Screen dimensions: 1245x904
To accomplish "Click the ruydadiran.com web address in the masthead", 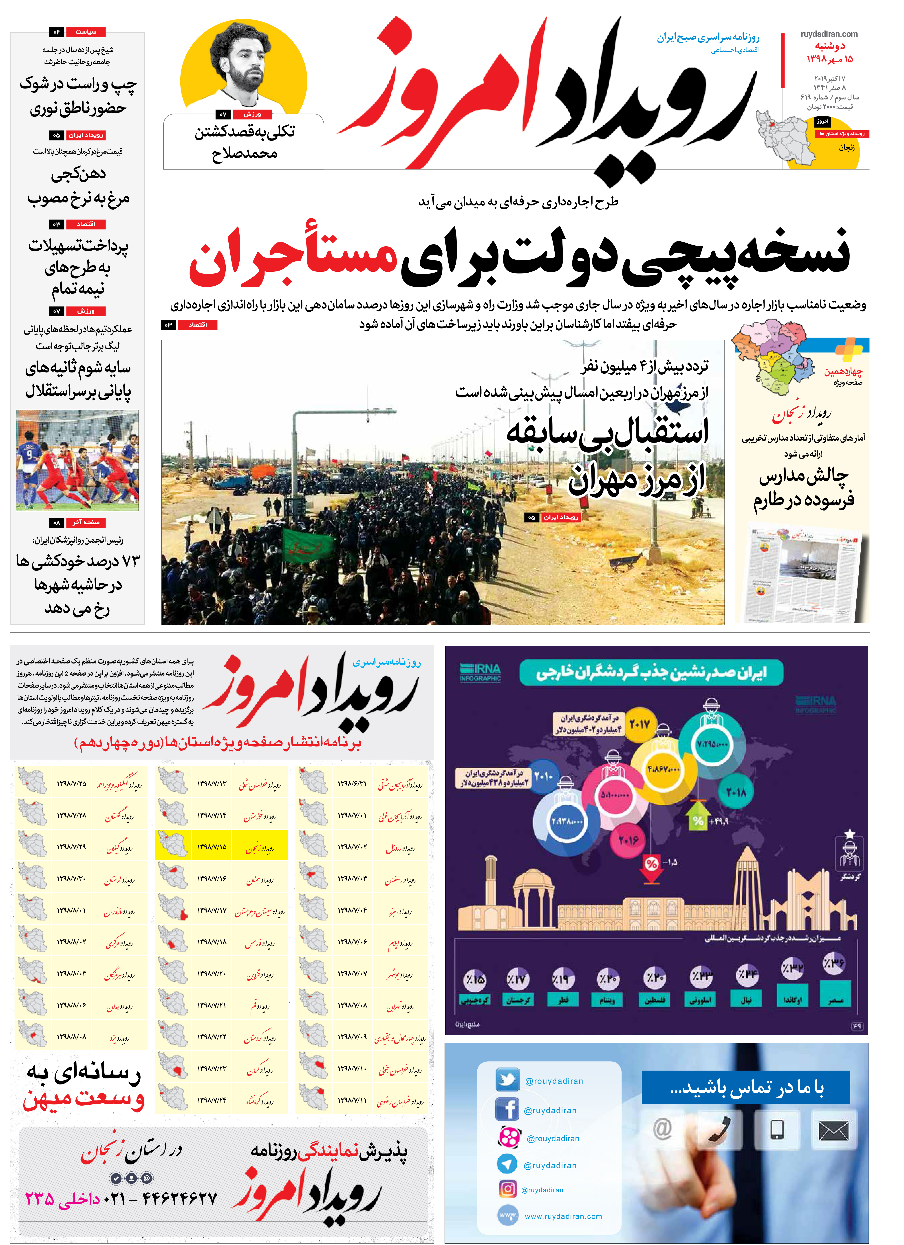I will pos(829,34).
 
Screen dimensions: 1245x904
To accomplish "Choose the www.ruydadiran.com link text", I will pos(563,1216).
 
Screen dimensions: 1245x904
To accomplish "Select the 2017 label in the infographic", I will pos(639,725).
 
